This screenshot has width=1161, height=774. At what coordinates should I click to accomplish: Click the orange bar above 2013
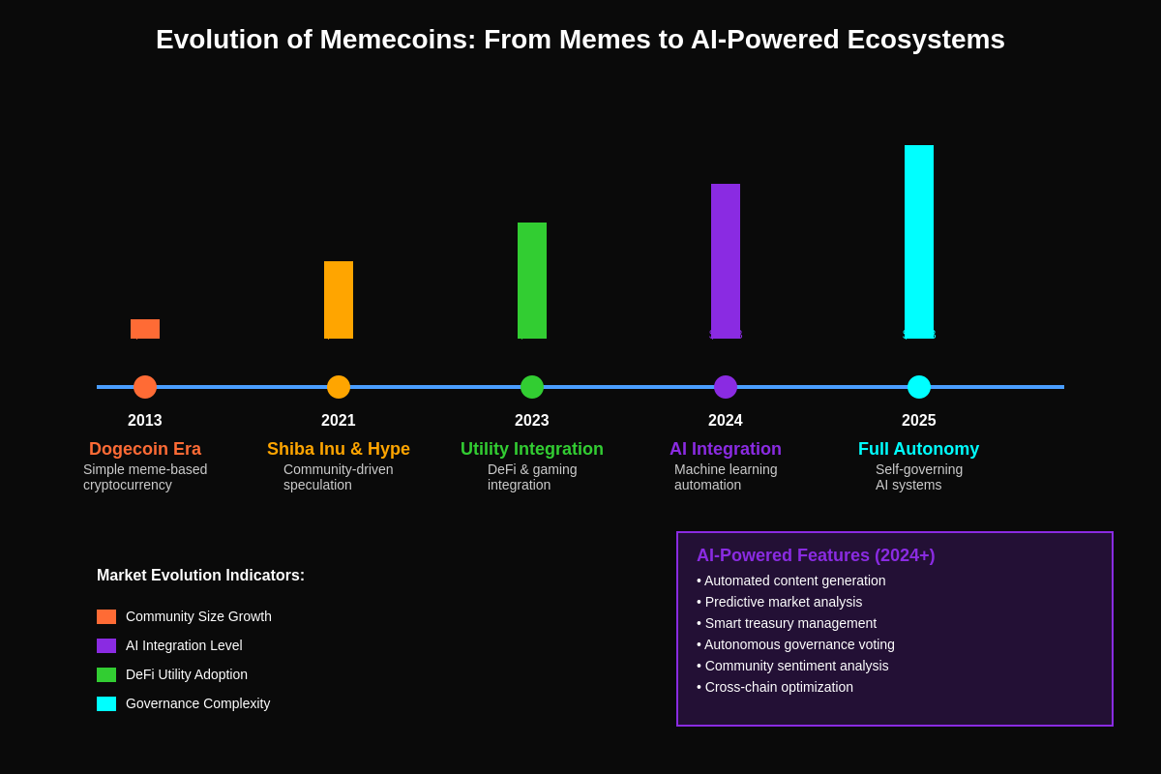pyautogui.click(x=145, y=329)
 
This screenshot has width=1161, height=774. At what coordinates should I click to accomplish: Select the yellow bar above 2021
pyautogui.click(x=339, y=300)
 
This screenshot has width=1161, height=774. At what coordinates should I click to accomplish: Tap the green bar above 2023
pyautogui.click(x=532, y=281)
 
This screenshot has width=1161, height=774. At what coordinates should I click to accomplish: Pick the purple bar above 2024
pyautogui.click(x=726, y=261)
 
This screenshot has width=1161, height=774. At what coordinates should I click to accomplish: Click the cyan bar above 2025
pyautogui.click(x=919, y=242)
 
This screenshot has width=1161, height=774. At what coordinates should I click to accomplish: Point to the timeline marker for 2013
pyautogui.click(x=145, y=387)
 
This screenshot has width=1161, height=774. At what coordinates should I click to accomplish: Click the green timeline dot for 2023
pyautogui.click(x=532, y=387)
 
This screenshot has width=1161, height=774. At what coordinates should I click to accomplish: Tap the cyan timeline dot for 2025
pyautogui.click(x=919, y=387)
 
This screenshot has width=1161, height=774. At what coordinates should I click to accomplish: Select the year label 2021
pyautogui.click(x=339, y=421)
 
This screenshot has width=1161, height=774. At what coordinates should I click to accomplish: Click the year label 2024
pyautogui.click(x=726, y=421)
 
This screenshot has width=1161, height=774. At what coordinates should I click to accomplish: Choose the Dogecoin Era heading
pyautogui.click(x=145, y=449)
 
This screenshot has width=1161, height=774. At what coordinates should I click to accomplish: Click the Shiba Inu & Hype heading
pyautogui.click(x=339, y=449)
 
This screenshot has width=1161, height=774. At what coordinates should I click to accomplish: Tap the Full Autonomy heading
pyautogui.click(x=918, y=449)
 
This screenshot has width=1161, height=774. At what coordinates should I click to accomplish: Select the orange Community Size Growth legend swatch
pyautogui.click(x=106, y=616)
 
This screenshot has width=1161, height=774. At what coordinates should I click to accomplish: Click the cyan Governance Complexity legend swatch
pyautogui.click(x=106, y=703)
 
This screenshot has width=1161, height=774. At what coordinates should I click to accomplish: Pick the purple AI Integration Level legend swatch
pyautogui.click(x=106, y=645)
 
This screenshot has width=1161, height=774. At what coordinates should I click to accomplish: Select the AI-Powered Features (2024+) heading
pyautogui.click(x=816, y=555)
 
